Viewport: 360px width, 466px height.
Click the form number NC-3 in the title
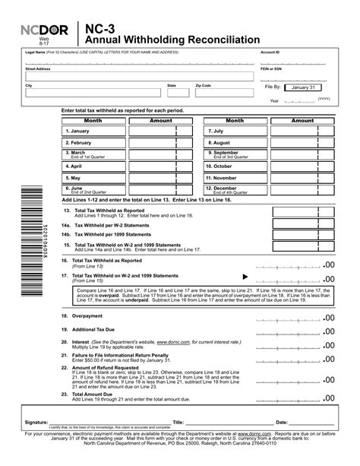[96, 25]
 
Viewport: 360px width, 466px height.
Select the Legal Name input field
[129, 59]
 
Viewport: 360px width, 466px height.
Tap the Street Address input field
[129, 76]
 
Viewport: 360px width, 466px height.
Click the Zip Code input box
[224, 93]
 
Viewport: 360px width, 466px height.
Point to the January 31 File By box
[303, 88]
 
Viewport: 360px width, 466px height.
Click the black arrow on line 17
[245, 277]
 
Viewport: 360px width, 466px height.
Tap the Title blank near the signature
[224, 421]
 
